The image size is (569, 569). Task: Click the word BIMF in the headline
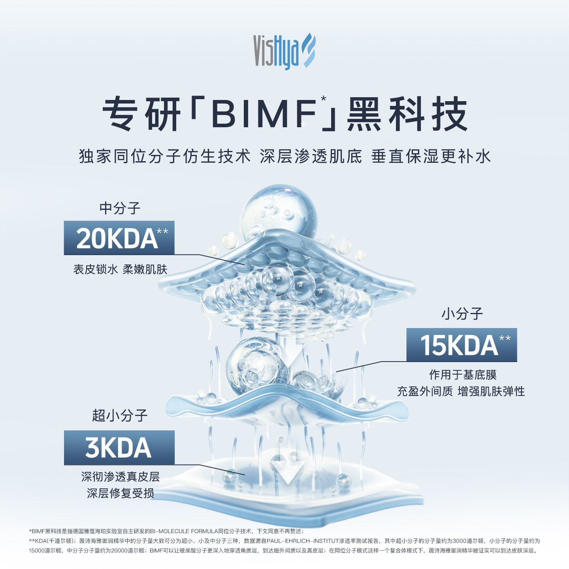click(264, 114)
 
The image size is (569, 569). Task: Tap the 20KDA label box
click(119, 238)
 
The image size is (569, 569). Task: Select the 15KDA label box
click(462, 345)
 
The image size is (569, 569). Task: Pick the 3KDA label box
click(119, 447)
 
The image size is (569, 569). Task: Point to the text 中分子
click(120, 208)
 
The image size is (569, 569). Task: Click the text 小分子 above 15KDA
click(462, 314)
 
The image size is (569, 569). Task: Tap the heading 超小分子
click(120, 415)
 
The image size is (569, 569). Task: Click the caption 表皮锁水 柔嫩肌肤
click(120, 269)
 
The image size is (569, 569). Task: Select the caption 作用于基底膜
click(463, 375)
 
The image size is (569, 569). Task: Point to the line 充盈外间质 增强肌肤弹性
click(461, 392)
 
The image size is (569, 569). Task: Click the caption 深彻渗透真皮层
click(120, 477)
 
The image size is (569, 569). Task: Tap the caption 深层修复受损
click(120, 493)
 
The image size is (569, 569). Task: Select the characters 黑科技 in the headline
click(407, 114)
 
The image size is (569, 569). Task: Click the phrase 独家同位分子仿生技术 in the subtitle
click(165, 156)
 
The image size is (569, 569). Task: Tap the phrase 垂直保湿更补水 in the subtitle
click(431, 156)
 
